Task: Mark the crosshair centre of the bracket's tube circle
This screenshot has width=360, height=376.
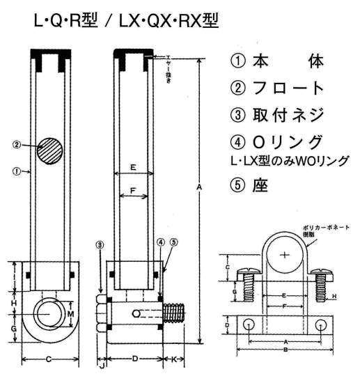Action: point(284,255)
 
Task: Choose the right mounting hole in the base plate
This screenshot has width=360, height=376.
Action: point(320,324)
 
